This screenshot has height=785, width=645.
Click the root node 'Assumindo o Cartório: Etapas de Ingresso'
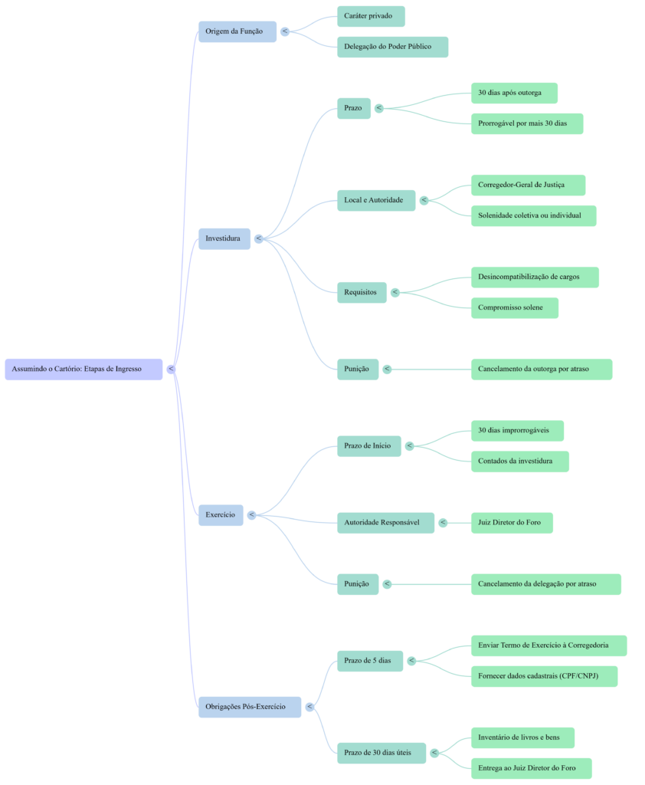(83, 369)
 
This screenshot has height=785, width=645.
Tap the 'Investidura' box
(224, 238)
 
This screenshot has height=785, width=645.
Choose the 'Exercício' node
(221, 514)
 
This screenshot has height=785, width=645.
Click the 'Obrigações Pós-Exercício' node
(249, 706)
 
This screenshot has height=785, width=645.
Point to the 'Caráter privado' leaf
(371, 16)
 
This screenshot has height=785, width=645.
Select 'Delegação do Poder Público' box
(392, 47)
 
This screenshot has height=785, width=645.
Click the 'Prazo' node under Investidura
(354, 108)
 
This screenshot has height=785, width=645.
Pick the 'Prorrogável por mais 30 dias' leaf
(526, 123)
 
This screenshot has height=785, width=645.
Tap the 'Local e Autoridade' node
(375, 200)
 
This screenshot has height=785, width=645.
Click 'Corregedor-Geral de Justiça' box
(527, 185)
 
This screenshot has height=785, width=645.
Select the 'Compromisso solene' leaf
(514, 307)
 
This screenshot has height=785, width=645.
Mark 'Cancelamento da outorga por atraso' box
(541, 369)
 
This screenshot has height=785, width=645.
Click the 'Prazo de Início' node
(368, 445)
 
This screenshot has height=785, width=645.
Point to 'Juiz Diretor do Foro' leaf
(511, 523)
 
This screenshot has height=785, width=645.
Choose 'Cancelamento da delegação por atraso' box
(545, 584)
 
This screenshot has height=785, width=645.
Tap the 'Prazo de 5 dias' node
(369, 660)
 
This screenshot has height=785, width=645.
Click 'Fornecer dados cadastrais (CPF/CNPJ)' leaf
(543, 676)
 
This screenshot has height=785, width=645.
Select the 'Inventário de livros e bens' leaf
(522, 737)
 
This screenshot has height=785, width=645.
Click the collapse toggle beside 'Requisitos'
(395, 292)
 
